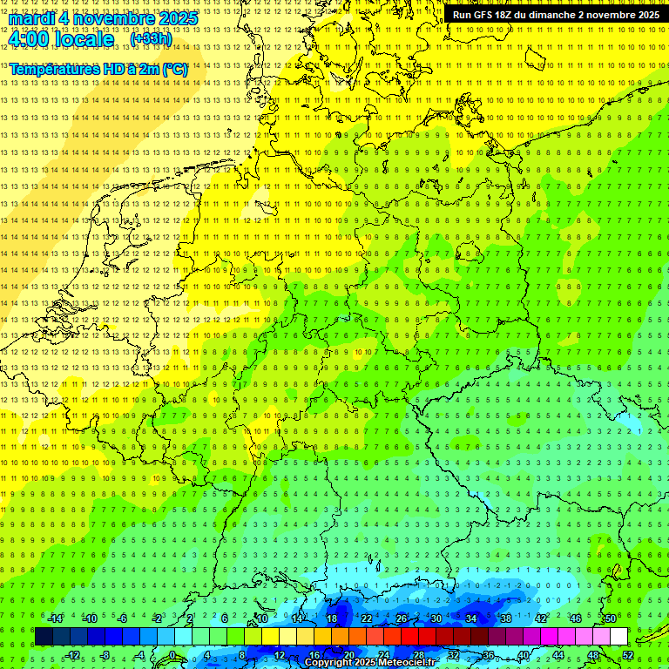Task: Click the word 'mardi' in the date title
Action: [30, 17]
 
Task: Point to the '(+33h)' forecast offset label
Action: [151, 39]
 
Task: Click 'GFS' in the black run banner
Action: [487, 15]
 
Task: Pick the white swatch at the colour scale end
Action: [618, 637]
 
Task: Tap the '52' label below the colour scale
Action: [628, 655]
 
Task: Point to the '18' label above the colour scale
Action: [331, 618]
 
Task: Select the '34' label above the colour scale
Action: [470, 618]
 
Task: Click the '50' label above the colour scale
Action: [610, 618]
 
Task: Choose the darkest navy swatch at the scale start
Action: [44, 637]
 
